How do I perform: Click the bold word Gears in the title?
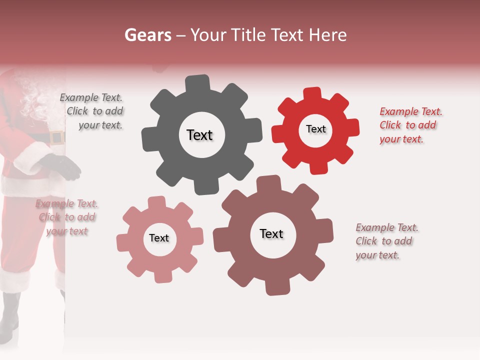tap(148, 35)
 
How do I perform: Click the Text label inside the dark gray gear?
tap(199, 135)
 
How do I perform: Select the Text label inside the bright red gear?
tap(315, 129)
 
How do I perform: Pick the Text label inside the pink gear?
tap(159, 238)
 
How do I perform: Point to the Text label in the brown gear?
tap(271, 233)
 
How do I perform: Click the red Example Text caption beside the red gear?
tap(410, 125)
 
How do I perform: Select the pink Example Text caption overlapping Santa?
tap(66, 217)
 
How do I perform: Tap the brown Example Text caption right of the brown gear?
tap(386, 241)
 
